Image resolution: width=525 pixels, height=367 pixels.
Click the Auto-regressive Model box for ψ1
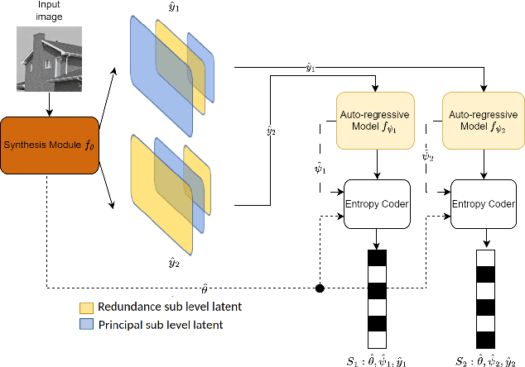[377, 121]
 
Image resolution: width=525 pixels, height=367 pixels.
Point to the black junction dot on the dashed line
[320, 289]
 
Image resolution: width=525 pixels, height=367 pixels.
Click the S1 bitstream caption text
[377, 358]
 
